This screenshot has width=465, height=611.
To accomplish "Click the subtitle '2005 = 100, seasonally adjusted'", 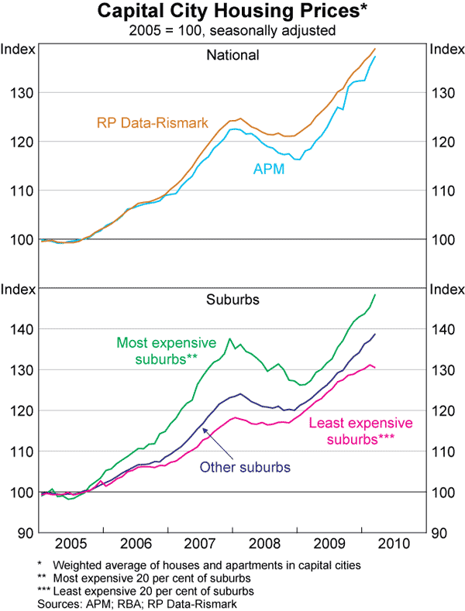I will click(x=232, y=32).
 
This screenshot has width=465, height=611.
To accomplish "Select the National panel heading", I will click(x=232, y=55).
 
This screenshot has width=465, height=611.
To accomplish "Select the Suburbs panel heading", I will click(x=232, y=298).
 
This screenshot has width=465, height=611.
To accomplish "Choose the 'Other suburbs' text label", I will click(x=245, y=467).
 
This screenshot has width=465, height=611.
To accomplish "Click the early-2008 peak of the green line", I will click(x=229, y=338).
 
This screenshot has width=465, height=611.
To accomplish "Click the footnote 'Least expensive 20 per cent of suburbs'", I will click(x=146, y=591).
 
